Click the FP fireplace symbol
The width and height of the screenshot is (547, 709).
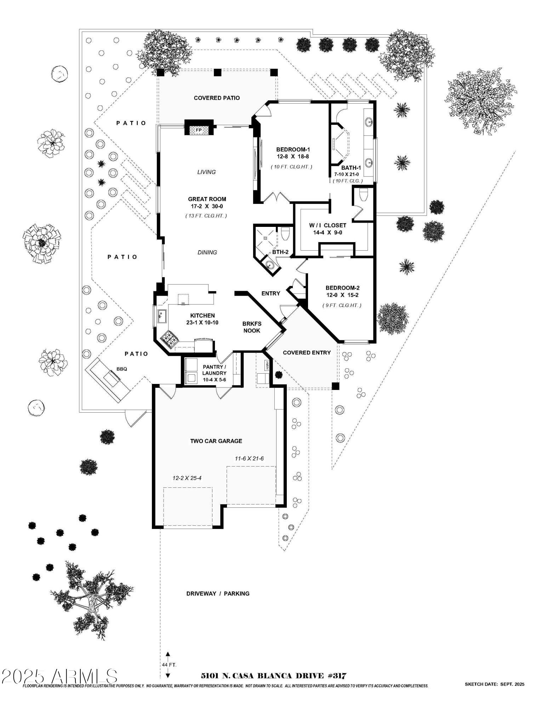199,130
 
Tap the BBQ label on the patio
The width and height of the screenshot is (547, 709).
122,369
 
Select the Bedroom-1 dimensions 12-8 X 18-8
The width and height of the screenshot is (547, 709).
293,156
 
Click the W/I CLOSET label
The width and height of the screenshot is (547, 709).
327,225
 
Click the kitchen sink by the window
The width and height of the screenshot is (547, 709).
162,316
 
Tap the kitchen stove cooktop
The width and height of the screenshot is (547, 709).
169,338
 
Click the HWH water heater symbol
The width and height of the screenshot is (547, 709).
268,365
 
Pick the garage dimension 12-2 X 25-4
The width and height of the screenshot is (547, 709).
187,478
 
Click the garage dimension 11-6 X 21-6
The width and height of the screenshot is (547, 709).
249,458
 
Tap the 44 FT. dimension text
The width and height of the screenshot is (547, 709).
169,664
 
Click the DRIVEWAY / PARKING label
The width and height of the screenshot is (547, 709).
218,593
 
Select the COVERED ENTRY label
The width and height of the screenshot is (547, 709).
307,352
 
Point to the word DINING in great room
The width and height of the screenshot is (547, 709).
207,252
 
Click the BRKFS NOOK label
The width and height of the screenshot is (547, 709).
251,327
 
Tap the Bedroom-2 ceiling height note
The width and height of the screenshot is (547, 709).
342,305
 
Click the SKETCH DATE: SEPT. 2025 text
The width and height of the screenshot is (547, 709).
494,684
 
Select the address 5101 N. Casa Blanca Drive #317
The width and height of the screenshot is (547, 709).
273,675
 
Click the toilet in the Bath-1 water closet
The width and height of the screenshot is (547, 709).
364,195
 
